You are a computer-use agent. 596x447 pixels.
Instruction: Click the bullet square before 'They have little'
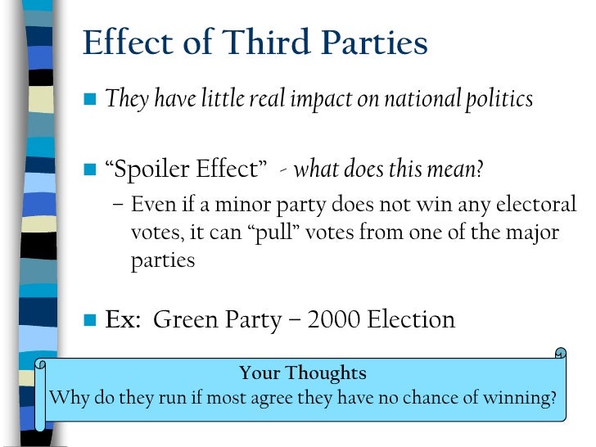click(89, 100)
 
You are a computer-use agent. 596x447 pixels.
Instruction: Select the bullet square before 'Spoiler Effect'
click(89, 170)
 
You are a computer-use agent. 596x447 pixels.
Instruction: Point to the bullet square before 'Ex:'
click(89, 318)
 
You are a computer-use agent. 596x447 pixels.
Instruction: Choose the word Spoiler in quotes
click(151, 170)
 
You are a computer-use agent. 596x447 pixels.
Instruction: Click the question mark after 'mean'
click(479, 170)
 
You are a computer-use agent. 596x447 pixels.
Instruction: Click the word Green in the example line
click(186, 318)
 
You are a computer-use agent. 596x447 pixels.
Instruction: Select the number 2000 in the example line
click(334, 318)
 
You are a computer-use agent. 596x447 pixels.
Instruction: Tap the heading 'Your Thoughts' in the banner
click(302, 373)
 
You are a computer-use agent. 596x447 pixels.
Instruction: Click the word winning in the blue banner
click(523, 399)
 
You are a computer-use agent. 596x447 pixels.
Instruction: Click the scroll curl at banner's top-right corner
click(560, 354)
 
